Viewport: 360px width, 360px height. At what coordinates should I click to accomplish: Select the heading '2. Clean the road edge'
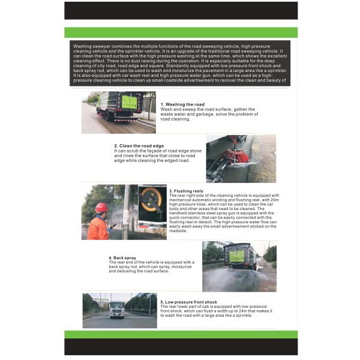[139, 146]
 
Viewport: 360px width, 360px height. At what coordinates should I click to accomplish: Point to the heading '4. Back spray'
[122, 257]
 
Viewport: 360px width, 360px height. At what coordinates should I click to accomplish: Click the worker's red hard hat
[101, 207]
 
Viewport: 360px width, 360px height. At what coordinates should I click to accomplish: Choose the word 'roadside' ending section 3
[179, 230]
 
